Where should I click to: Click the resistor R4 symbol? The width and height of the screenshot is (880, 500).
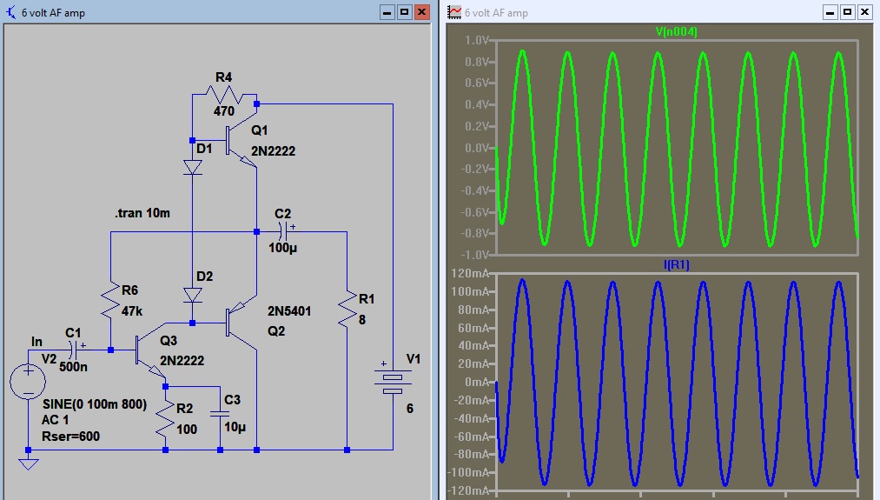pyautogui.click(x=224, y=93)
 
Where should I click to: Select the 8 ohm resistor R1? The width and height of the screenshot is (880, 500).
pyautogui.click(x=347, y=309)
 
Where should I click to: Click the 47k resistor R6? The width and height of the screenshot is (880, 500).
pyautogui.click(x=111, y=301)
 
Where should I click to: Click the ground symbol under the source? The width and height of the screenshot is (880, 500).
pyautogui.click(x=29, y=463)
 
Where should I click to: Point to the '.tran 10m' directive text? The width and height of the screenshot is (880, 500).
pyautogui.click(x=144, y=213)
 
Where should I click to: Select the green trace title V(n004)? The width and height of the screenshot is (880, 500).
pyautogui.click(x=676, y=32)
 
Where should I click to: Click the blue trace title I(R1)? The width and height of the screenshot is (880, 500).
pyautogui.click(x=676, y=264)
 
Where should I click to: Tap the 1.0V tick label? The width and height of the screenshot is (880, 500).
pyautogui.click(x=477, y=41)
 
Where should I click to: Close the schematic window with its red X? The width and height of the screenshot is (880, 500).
pyautogui.click(x=422, y=12)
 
